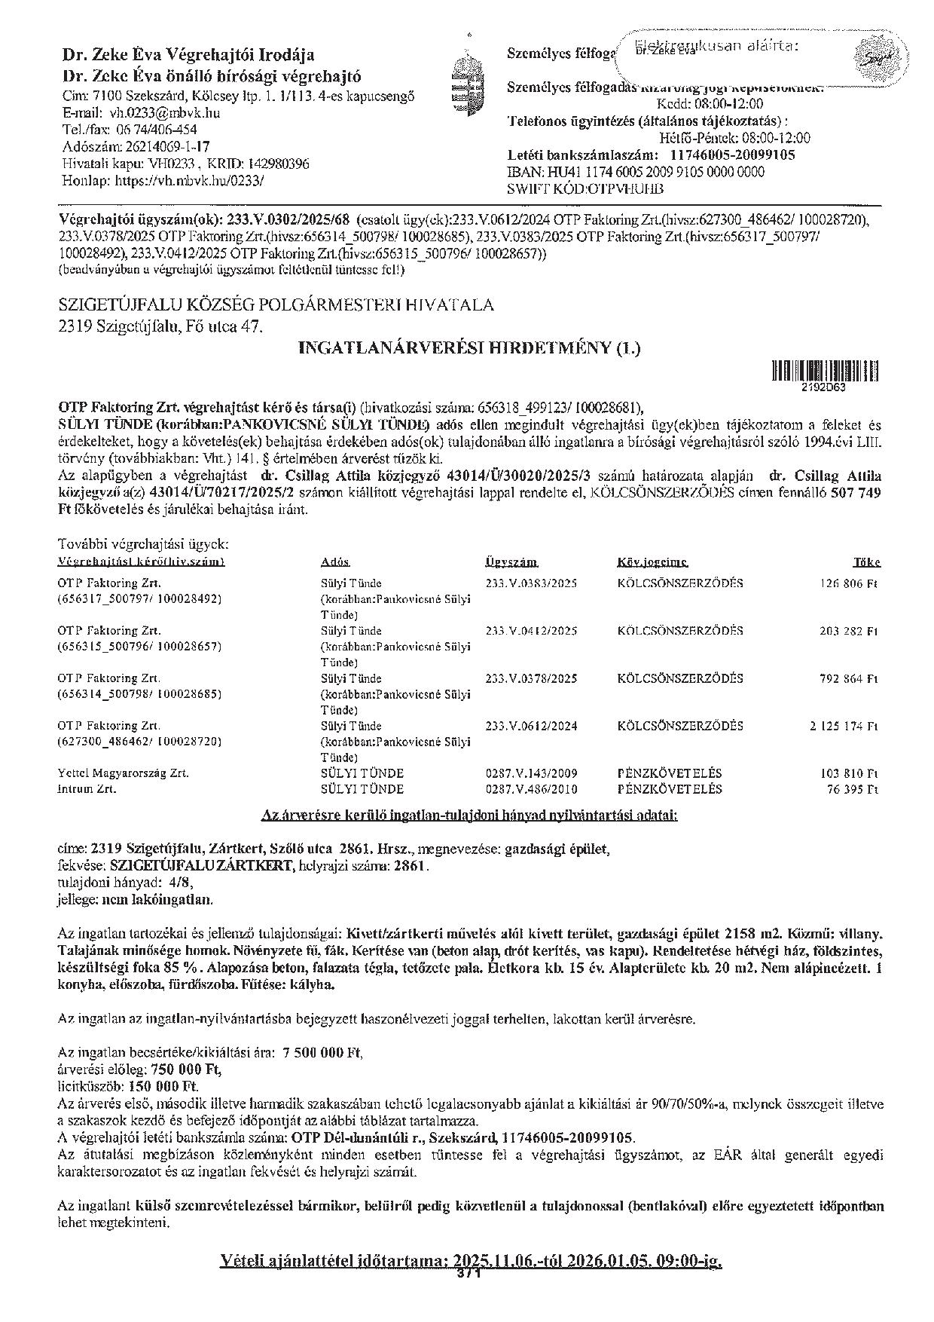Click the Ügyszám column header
[x=511, y=562]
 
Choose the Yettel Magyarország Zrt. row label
[x=123, y=773]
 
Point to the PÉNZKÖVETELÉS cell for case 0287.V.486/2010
[x=669, y=789]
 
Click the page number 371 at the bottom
[x=469, y=1273]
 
